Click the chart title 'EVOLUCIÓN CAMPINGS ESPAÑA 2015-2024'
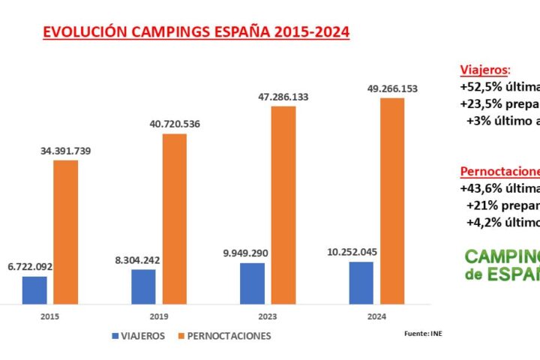coord(196,32)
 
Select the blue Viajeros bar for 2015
coord(34,290)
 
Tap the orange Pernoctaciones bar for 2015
coord(65,232)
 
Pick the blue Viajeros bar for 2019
coord(143,286)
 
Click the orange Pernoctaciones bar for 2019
coord(174,219)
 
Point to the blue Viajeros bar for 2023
coord(253,283)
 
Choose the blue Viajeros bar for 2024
coord(361,283)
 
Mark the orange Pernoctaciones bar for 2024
coord(392,201)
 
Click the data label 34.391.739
coord(66,151)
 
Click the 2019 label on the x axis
coord(159,317)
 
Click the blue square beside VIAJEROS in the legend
coord(115,335)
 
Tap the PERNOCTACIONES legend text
coord(229,335)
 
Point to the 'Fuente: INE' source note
coord(423,333)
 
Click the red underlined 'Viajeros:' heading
coord(484,69)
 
